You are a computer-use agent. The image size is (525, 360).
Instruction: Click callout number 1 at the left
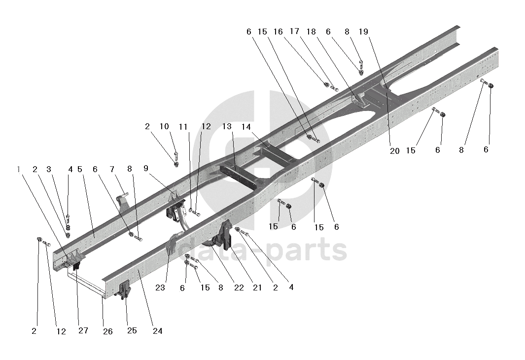point(19,169)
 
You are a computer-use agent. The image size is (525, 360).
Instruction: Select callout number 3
point(49,169)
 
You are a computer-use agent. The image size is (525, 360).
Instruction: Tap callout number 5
point(79,169)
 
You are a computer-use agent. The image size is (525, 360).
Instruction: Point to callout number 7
point(112,169)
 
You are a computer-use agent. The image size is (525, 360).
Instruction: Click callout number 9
point(145,168)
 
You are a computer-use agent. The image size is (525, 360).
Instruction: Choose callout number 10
point(164,127)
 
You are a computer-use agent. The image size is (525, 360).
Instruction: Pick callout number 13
point(227,127)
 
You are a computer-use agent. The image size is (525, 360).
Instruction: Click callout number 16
point(278,32)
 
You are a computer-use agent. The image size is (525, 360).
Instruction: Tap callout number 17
point(294,32)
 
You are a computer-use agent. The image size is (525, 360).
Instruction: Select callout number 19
point(363,32)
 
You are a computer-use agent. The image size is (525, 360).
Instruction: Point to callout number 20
point(394,151)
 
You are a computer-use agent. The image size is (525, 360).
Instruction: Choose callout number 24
point(157,331)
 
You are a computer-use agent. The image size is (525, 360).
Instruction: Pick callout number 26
point(107,331)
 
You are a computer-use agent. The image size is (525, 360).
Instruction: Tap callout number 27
point(83,330)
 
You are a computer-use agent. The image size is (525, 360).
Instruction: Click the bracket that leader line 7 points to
point(123,204)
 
